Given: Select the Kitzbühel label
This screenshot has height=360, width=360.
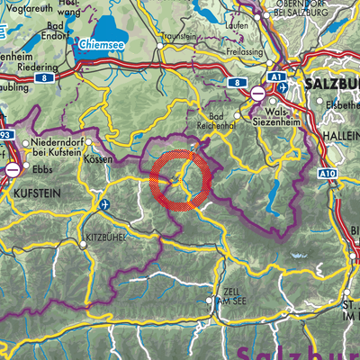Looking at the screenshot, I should click(104, 241).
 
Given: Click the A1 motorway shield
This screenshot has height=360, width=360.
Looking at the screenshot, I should click(278, 78).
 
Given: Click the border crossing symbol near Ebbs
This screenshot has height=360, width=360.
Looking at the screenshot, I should click(13, 168).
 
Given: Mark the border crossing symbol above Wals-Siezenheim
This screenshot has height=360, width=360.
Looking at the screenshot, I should click(257, 93).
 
